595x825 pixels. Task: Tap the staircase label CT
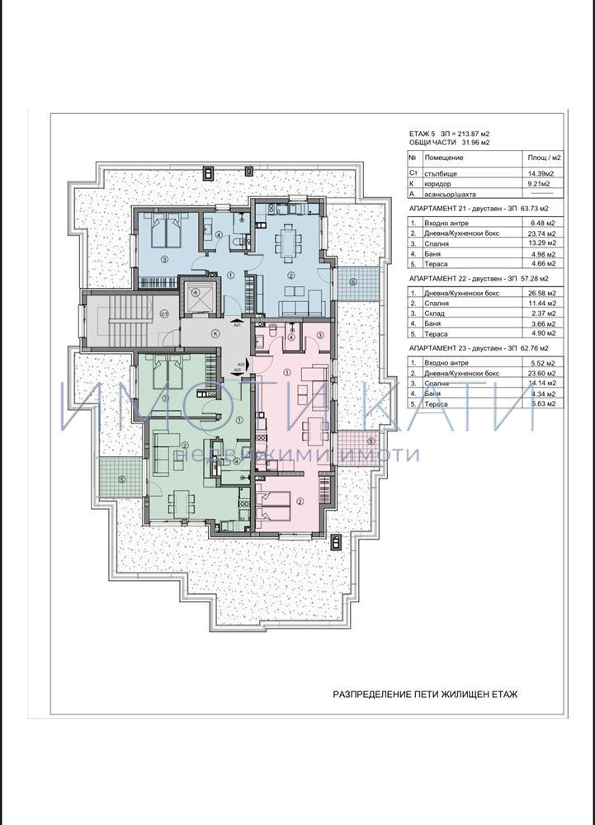click(164, 313)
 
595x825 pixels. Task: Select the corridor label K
click(215, 333)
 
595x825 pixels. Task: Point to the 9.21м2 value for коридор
click(540, 184)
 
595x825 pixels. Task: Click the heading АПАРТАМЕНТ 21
click(442, 210)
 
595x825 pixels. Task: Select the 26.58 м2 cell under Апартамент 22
click(542, 292)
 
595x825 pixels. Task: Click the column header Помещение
click(444, 157)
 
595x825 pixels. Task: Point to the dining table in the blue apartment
click(289, 242)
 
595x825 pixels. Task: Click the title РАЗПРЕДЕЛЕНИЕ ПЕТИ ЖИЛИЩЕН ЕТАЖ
click(424, 695)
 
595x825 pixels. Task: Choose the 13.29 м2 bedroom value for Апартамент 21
click(542, 243)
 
